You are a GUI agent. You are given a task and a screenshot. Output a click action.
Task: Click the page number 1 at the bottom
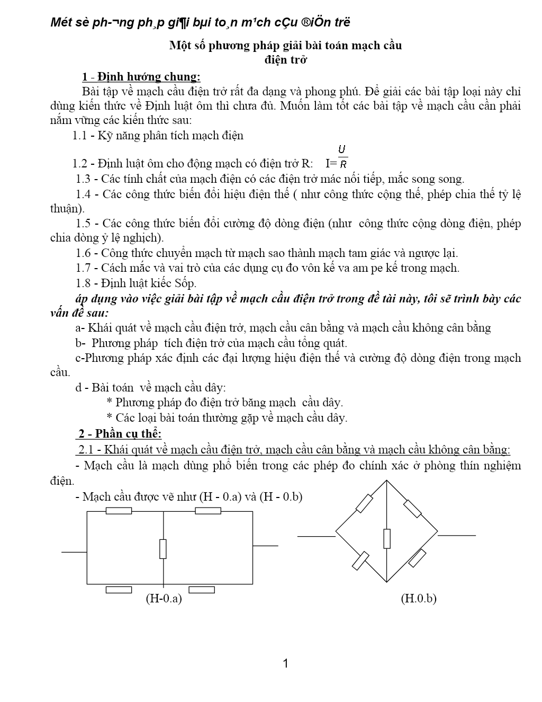pos(286,663)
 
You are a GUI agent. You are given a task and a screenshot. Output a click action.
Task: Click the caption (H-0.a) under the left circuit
pos(164,599)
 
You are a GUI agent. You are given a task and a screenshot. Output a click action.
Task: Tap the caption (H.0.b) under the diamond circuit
pos(419,599)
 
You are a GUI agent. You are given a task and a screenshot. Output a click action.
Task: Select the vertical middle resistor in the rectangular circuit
pos(163,548)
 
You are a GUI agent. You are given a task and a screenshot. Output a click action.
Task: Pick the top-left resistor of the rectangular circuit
pos(119,511)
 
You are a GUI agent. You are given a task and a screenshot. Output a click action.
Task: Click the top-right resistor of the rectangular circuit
pos(208,511)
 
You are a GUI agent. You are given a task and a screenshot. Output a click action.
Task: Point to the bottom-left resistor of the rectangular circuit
pos(119,590)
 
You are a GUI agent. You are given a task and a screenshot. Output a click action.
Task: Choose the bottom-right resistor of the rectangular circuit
pos(202,590)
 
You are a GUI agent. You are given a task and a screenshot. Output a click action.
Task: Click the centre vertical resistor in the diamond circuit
pos(387,538)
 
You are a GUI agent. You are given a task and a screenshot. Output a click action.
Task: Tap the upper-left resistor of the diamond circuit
pos(364,503)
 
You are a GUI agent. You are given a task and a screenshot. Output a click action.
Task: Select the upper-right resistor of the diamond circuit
pos(412,508)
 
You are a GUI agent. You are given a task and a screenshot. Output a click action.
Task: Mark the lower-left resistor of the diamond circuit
pos(360,561)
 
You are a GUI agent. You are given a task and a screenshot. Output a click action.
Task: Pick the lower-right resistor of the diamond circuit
pos(418,558)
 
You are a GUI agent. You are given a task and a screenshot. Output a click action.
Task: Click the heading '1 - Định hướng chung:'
pos(141,77)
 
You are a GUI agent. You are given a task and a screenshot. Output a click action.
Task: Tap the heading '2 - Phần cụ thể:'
pos(120,434)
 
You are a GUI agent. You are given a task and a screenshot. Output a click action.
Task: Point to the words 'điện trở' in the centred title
pos(286,59)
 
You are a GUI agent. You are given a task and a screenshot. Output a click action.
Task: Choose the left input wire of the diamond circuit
pos(317,536)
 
